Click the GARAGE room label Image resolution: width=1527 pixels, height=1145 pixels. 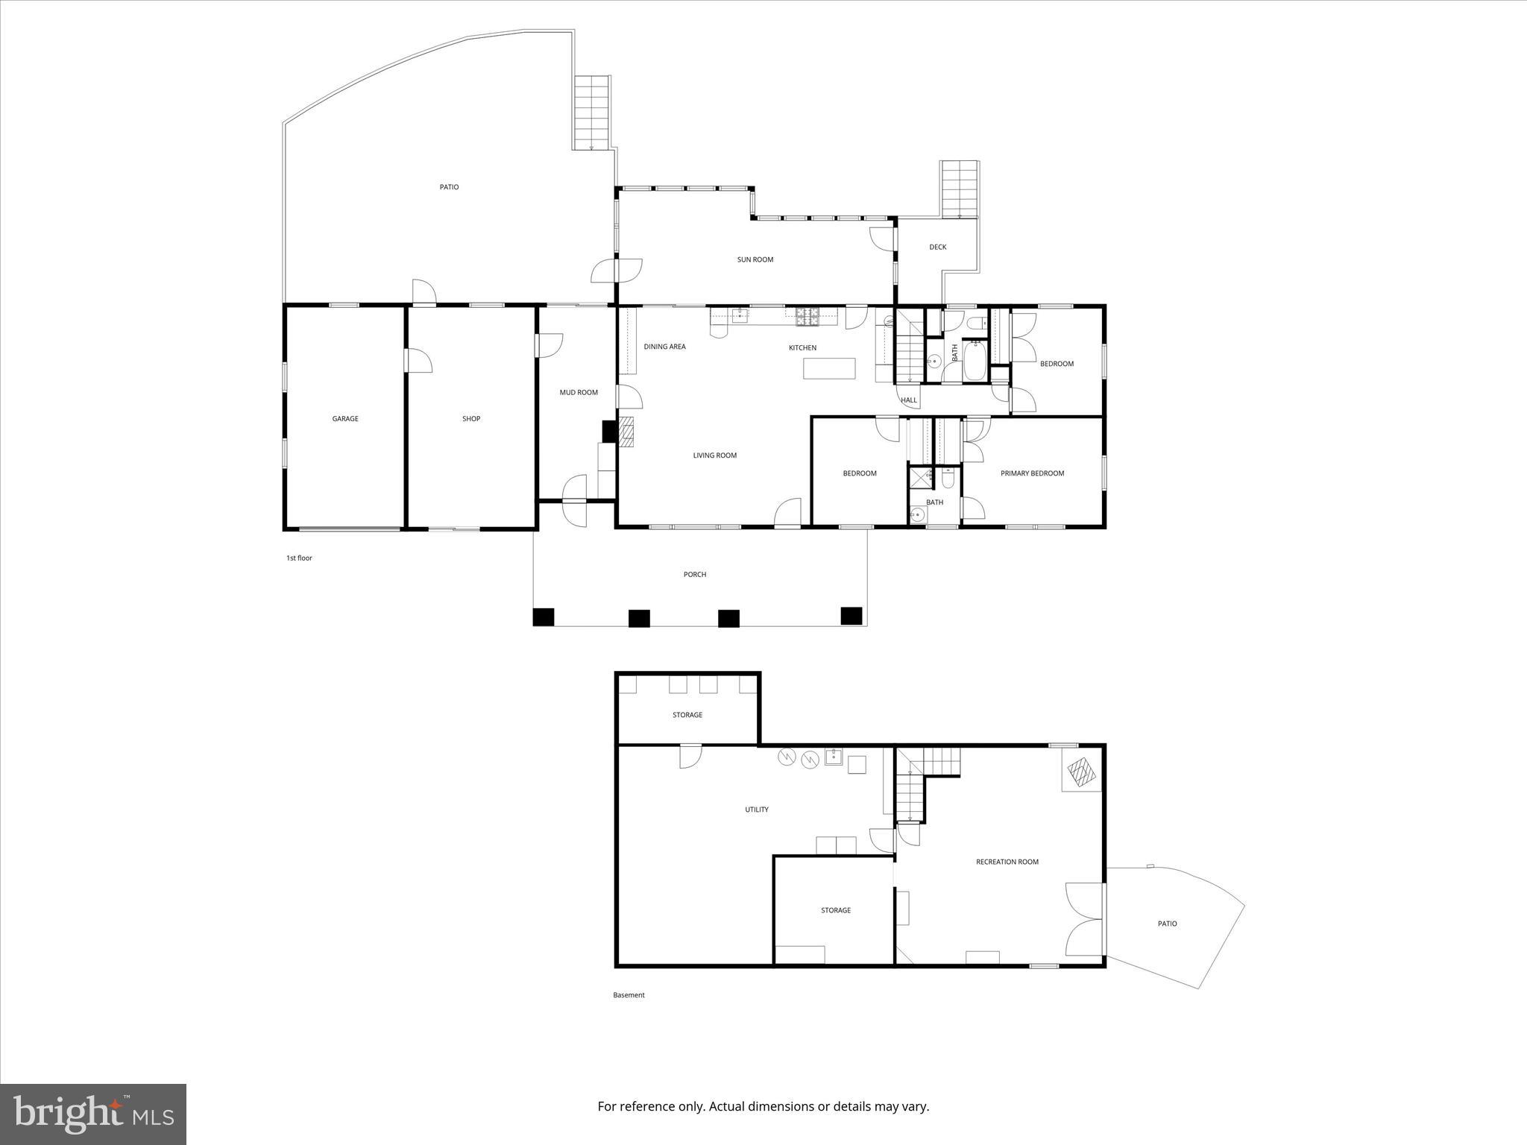[x=345, y=419]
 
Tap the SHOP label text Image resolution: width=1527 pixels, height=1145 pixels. [x=471, y=419]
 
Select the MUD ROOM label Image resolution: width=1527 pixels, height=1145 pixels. [x=579, y=393]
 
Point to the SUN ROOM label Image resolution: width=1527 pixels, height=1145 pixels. [x=755, y=260]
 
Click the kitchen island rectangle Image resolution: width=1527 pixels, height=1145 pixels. [x=829, y=368]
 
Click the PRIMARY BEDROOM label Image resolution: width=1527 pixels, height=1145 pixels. [x=1032, y=473]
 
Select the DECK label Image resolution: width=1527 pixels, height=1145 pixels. [x=937, y=247]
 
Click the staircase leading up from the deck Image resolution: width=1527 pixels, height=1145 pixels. [x=959, y=189]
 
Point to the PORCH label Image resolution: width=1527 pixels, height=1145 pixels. [x=695, y=575]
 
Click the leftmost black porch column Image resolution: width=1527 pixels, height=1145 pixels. [x=544, y=617]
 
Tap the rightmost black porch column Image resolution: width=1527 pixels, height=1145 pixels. [x=851, y=616]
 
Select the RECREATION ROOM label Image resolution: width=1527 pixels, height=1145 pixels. [x=1007, y=862]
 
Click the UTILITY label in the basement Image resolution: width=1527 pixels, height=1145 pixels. [x=756, y=810]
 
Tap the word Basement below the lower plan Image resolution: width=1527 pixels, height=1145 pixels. [x=629, y=995]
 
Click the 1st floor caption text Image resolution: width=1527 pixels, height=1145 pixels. [x=299, y=558]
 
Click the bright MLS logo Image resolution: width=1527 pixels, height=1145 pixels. [x=93, y=1114]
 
